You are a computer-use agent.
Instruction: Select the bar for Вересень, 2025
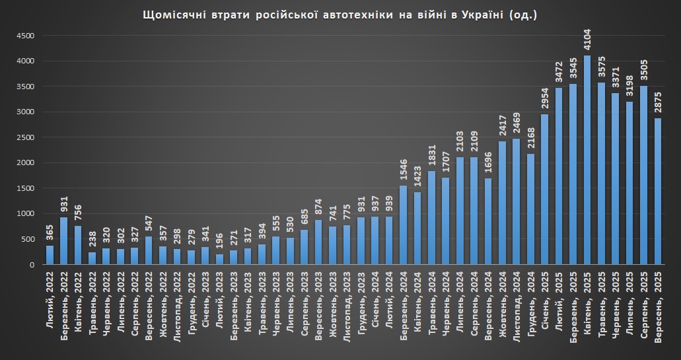(659, 192)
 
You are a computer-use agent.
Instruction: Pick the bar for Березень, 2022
(64, 241)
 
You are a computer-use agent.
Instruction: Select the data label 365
(50, 232)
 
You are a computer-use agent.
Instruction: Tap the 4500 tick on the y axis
(24, 36)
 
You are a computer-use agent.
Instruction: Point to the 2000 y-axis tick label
(24, 163)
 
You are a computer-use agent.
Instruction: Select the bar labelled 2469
(516, 201)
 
